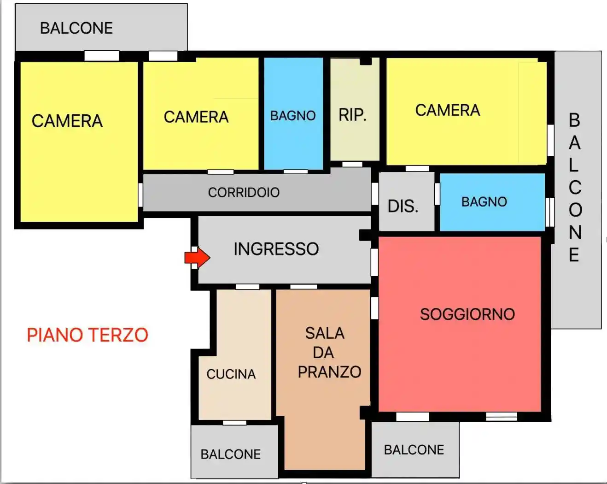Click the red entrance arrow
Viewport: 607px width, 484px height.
pyautogui.click(x=198, y=257)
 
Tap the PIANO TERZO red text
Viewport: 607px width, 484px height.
pyautogui.click(x=88, y=335)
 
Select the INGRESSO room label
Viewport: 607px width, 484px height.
pyautogui.click(x=276, y=249)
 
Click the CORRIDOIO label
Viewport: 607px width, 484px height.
pyautogui.click(x=244, y=192)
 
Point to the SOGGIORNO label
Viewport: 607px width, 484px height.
pyautogui.click(x=467, y=314)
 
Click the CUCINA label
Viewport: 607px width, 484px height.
pyautogui.click(x=231, y=374)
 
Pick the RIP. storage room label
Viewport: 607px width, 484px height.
pyautogui.click(x=352, y=115)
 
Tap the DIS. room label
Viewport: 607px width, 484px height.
pyautogui.click(x=403, y=206)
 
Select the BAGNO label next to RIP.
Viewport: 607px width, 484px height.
pyautogui.click(x=293, y=115)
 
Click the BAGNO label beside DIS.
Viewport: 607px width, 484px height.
pyautogui.click(x=484, y=201)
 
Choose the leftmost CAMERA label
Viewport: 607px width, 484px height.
pyautogui.click(x=67, y=121)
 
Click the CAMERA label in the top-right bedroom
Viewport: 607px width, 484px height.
pyautogui.click(x=447, y=110)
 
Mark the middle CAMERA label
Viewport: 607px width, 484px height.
pyautogui.click(x=196, y=117)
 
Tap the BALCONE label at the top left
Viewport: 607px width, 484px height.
pyautogui.click(x=76, y=28)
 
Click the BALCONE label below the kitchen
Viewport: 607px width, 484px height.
pyautogui.click(x=230, y=454)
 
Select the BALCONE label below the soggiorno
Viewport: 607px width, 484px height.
pyautogui.click(x=414, y=449)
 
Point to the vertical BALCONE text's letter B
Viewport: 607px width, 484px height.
pyautogui.click(x=574, y=120)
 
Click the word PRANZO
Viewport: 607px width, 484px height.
pyautogui.click(x=329, y=372)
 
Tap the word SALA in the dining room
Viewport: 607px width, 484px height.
pyautogui.click(x=325, y=333)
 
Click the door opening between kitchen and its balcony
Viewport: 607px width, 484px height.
pyautogui.click(x=234, y=422)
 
